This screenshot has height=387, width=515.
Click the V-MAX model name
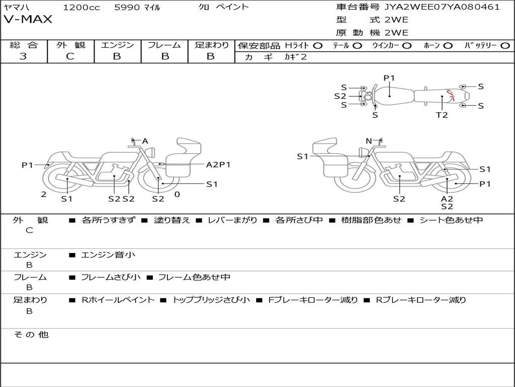click(x=28, y=20)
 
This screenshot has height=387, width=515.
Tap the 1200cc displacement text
click(x=81, y=8)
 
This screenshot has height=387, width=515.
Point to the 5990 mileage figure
click(x=127, y=8)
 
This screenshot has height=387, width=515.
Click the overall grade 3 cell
click(x=23, y=56)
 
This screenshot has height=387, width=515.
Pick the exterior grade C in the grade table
click(x=70, y=56)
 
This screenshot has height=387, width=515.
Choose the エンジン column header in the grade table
click(x=117, y=45)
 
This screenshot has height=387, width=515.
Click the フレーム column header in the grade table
click(x=164, y=45)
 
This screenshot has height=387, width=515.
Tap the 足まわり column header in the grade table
click(x=211, y=45)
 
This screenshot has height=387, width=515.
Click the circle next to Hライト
click(x=318, y=45)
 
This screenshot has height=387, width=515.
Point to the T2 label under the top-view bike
click(x=442, y=115)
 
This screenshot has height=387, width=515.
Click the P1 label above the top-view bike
click(x=389, y=78)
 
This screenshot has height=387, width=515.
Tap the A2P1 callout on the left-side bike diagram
click(x=218, y=164)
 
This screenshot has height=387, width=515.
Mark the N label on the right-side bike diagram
click(x=369, y=141)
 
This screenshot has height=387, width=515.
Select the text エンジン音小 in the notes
click(x=108, y=255)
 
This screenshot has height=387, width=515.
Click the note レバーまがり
click(x=232, y=220)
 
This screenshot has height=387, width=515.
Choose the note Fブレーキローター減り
click(x=313, y=300)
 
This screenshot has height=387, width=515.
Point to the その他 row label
click(x=31, y=335)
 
